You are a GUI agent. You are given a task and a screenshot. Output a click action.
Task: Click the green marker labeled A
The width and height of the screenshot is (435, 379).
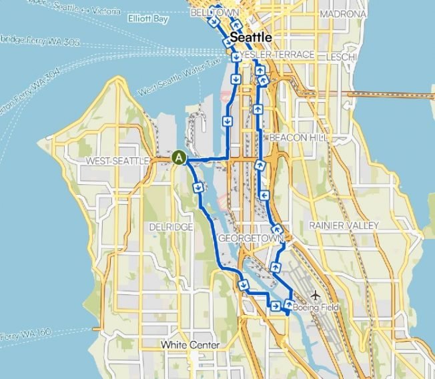coord(179,157)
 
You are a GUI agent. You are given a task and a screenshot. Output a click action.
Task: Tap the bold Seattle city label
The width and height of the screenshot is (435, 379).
coord(250,37)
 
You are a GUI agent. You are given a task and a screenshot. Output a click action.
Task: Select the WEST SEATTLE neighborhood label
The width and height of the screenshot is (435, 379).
coord(111,161)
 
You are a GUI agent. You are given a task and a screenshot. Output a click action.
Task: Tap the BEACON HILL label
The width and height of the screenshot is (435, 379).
coord(297,137)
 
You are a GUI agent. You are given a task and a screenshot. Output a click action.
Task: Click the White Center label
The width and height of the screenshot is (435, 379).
coord(190,345)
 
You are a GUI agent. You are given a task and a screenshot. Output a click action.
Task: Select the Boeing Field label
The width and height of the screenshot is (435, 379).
coord(316,308)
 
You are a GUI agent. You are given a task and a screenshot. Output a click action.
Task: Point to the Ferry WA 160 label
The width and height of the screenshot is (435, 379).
coord(27,333)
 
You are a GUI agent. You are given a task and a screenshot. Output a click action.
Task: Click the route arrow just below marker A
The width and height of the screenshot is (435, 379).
coord(198,187)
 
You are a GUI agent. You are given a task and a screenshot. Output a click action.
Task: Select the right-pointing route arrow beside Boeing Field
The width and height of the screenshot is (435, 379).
coord(275,306)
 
